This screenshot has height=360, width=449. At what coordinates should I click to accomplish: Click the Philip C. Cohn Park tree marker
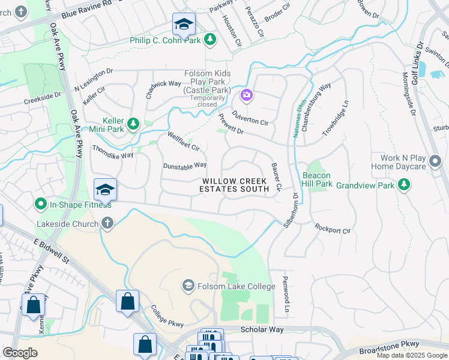tap(210, 40)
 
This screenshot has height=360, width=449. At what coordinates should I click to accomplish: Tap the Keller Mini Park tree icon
tap(133, 124)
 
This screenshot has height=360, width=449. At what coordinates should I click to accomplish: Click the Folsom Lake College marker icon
tap(188, 284)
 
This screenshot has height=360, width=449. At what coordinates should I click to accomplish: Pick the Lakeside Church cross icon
tap(107, 223)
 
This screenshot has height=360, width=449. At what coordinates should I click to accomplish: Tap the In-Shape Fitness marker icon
tap(41, 204)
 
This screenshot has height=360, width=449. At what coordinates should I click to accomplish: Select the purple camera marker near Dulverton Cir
tap(247, 95)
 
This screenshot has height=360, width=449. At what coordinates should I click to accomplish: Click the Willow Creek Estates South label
tap(235, 185)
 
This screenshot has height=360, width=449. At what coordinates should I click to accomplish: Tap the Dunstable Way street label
tap(185, 165)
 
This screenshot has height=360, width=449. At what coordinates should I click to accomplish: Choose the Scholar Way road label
tap(262, 329)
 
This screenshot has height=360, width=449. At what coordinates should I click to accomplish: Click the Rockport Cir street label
tap(333, 229)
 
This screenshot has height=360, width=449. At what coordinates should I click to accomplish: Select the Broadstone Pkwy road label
tap(388, 346)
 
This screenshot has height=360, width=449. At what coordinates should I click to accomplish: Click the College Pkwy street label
tap(167, 315)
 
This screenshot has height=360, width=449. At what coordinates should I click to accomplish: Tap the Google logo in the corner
tap(20, 353)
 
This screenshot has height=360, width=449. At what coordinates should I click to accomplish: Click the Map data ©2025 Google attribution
tap(412, 355)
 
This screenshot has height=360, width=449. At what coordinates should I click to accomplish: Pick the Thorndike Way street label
tap(112, 151)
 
